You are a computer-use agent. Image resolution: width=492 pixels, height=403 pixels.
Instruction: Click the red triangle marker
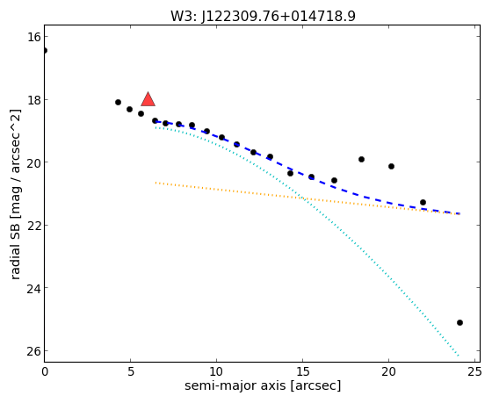(x=148, y=99)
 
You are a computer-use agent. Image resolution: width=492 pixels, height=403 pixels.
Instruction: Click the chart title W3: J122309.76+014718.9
(x=263, y=16)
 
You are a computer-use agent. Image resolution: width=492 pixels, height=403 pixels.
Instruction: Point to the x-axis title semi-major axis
(x=235, y=385)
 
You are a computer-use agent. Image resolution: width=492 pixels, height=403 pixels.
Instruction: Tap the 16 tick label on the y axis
(x=34, y=37)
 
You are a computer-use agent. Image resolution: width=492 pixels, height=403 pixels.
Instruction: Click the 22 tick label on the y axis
(x=34, y=225)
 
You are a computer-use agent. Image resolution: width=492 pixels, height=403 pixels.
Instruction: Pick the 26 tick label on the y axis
(x=34, y=351)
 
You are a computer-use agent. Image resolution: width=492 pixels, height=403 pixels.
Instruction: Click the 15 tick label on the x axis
(x=302, y=372)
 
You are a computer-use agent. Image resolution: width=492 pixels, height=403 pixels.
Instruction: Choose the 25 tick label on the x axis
(x=474, y=372)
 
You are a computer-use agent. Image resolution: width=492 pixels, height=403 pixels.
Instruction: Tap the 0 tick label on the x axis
(x=45, y=372)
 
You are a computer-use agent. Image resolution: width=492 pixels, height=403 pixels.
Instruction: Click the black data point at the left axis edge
(x=45, y=51)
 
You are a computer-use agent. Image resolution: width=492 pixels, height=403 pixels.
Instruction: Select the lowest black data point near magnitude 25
(x=459, y=323)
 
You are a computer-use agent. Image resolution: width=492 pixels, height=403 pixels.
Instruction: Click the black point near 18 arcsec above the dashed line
(x=361, y=159)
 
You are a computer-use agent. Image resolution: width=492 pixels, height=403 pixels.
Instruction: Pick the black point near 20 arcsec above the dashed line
(x=391, y=166)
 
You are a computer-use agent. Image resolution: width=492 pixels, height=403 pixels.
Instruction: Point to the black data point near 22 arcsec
(x=423, y=202)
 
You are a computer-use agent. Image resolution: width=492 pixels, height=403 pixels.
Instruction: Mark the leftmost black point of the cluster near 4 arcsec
(x=118, y=102)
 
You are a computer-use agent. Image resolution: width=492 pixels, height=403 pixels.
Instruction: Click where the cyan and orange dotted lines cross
(x=302, y=198)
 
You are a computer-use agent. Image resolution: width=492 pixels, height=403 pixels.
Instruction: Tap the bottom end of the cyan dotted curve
(x=459, y=356)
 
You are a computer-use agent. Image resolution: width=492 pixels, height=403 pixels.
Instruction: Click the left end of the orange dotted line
(x=156, y=183)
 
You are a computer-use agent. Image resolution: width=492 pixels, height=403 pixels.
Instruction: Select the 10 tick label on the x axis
(x=216, y=372)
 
